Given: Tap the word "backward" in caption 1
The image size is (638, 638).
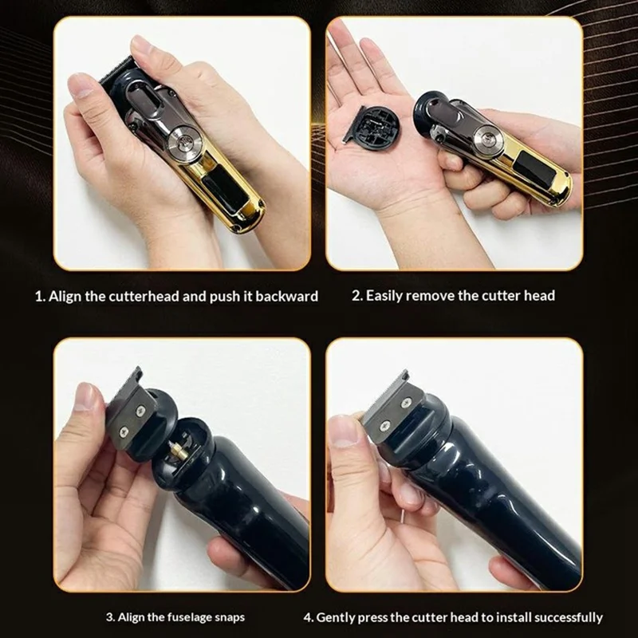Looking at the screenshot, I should click(287, 296).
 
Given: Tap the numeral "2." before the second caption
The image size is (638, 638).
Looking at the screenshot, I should click(357, 295).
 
